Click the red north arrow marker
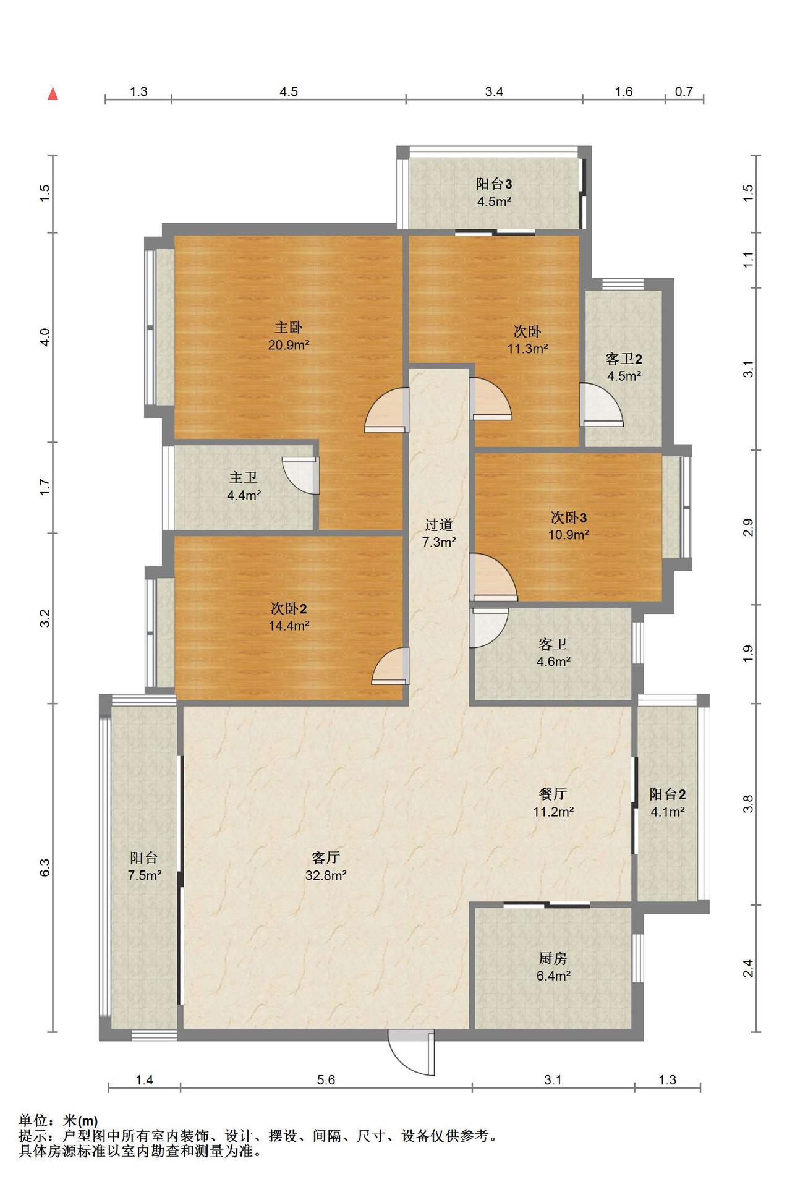point(54,93)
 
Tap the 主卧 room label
point(288,327)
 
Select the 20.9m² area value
point(289,344)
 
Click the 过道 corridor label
point(439,525)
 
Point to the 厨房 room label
point(553,958)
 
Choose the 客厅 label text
point(326,857)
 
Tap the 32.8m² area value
point(326,875)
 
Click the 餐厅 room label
point(553,794)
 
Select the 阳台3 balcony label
point(494,184)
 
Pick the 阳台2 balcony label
point(668,794)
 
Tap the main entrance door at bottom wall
point(410,1052)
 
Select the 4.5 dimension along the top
point(289,91)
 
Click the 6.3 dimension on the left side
point(45,867)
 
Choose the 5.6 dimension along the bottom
point(326,1080)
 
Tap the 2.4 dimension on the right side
point(748,968)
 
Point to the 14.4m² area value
point(289,626)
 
